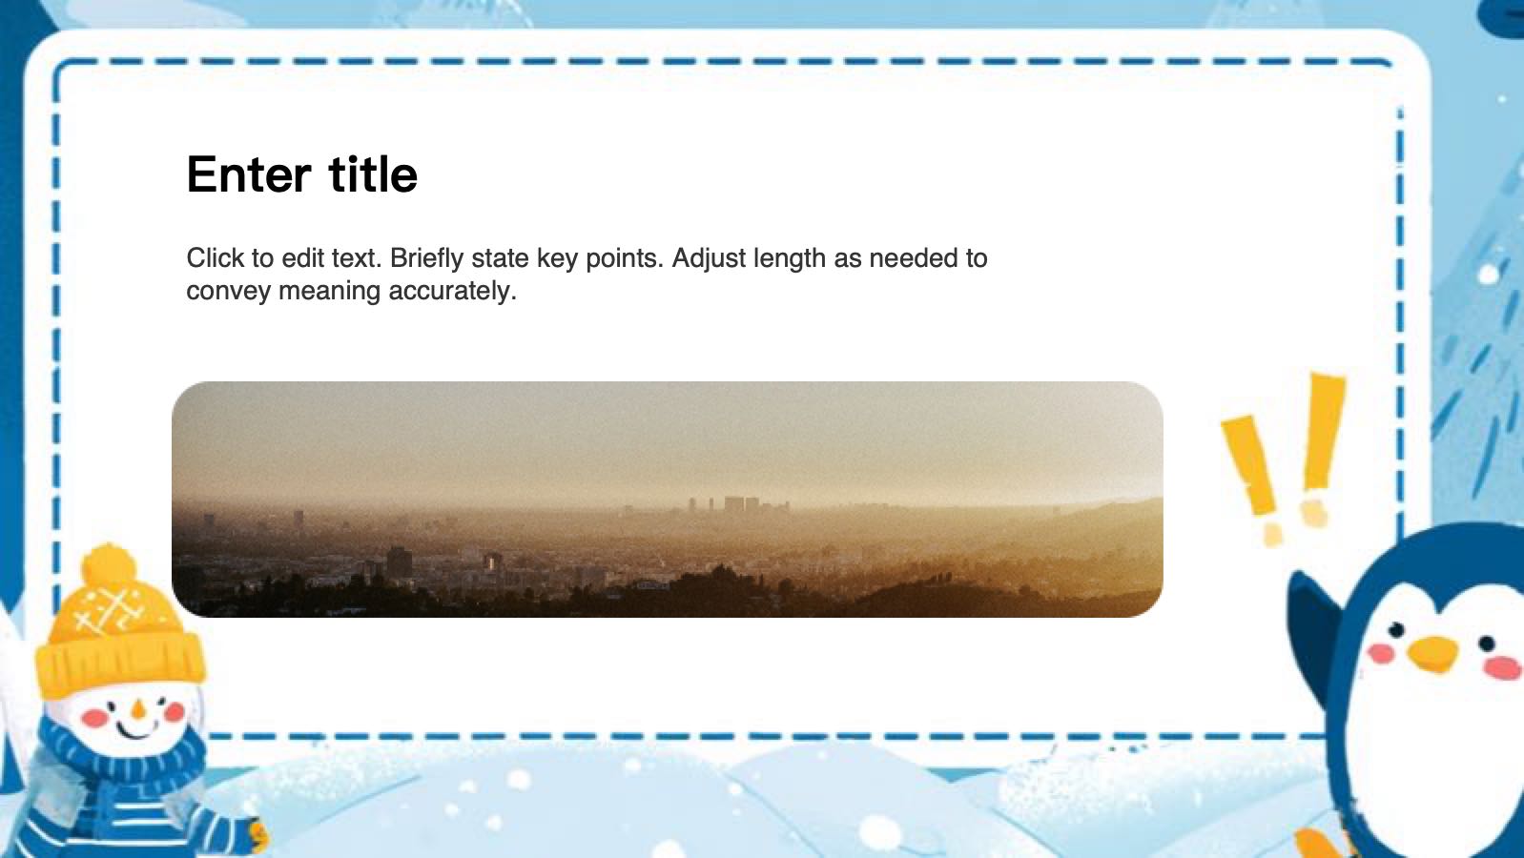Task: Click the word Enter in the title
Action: [x=248, y=175]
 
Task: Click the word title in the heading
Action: [x=373, y=175]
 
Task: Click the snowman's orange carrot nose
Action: [x=138, y=709]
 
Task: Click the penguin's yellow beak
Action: [x=1433, y=654]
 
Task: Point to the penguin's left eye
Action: [x=1396, y=630]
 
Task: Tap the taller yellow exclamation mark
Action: [x=1323, y=439]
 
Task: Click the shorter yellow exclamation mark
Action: [x=1251, y=467]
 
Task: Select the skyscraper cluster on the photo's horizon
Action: [x=736, y=504]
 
